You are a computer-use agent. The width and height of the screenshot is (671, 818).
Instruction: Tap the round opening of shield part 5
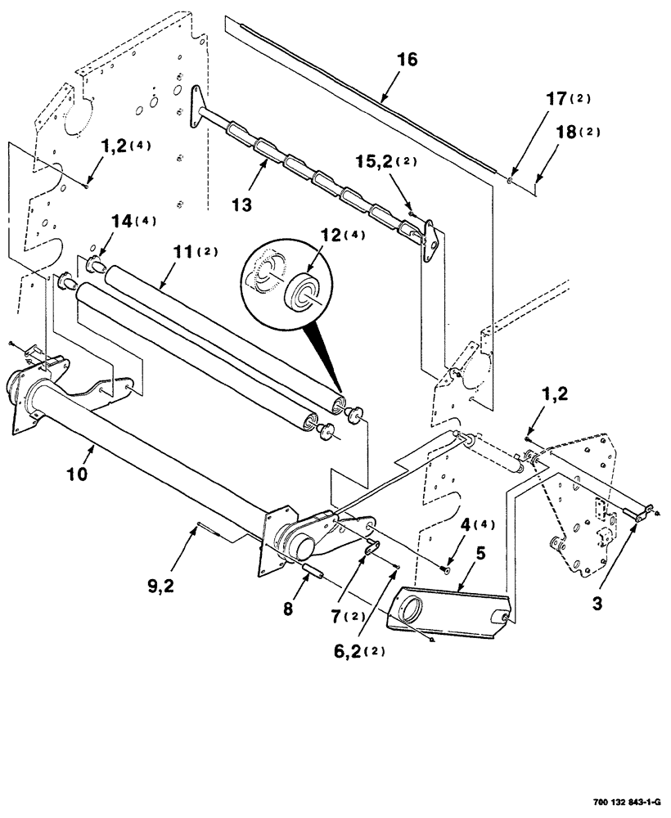[x=412, y=611]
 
